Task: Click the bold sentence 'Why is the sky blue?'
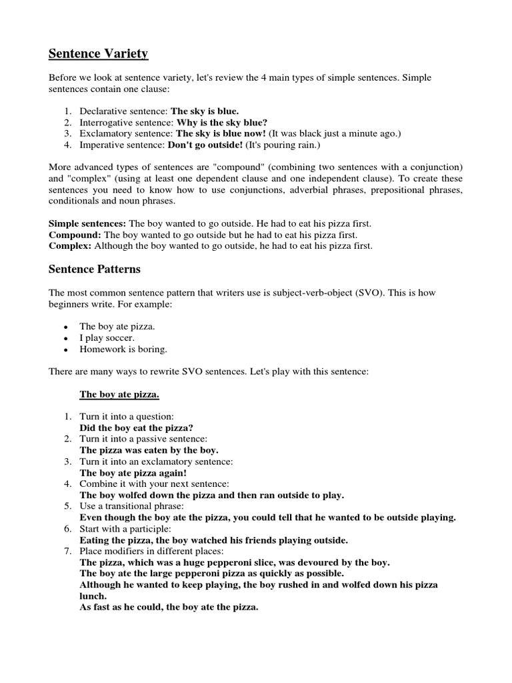pos(221,123)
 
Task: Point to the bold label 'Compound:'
pos(75,235)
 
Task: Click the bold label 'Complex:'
pos(70,245)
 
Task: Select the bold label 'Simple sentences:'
pos(87,224)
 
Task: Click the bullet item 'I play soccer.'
pos(107,337)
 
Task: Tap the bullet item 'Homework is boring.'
pos(123,348)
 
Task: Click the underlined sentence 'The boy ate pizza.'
pos(119,395)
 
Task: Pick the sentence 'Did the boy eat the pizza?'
pos(141,427)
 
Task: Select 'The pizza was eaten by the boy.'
pos(149,450)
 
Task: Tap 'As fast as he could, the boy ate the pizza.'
pos(169,607)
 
